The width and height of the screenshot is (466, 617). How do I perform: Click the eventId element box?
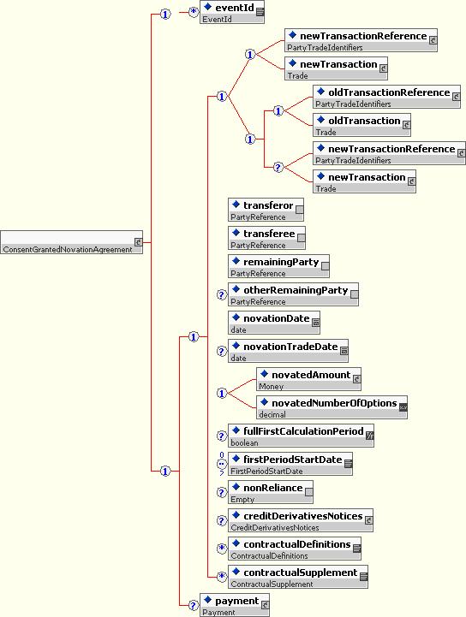(232, 12)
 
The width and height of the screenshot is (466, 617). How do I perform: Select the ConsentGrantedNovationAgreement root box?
(71, 242)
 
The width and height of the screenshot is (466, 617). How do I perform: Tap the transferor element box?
(266, 210)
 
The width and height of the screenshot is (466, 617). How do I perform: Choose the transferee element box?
(266, 238)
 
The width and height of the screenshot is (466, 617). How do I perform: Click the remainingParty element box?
(279, 266)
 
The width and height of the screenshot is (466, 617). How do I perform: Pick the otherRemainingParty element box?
(294, 294)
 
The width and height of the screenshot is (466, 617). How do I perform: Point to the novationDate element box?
(274, 323)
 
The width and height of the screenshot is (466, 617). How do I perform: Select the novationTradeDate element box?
(289, 351)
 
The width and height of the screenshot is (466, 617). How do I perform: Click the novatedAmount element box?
(309, 379)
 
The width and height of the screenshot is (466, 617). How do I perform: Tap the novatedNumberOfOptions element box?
(332, 407)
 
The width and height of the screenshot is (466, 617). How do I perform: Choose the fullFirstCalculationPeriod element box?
(302, 436)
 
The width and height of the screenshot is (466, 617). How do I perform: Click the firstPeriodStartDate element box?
(290, 464)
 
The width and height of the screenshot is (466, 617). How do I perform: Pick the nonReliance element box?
(271, 492)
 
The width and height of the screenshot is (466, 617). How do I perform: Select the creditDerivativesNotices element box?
(301, 520)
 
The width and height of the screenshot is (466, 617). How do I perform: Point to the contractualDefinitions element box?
(295, 549)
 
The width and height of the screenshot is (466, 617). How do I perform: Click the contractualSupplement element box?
(298, 577)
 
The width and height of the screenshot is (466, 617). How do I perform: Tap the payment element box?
(235, 605)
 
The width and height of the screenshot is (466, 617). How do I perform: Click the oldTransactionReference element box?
(387, 97)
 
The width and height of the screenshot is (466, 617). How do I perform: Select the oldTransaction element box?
(362, 125)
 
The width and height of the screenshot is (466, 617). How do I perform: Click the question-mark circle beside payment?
(193, 605)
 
